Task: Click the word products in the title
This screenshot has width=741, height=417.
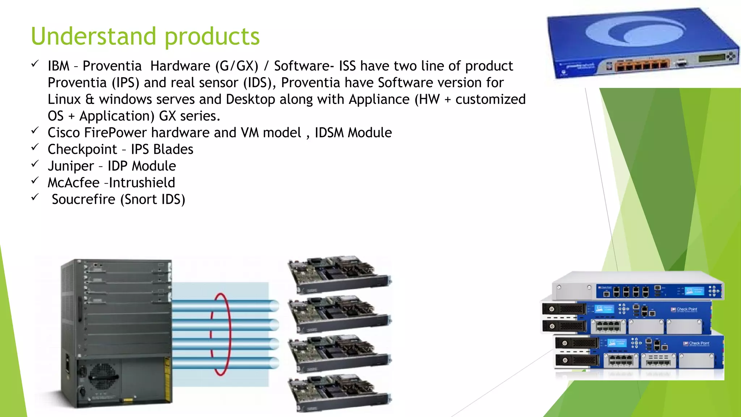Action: (x=212, y=37)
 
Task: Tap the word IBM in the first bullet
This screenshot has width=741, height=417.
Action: (x=58, y=66)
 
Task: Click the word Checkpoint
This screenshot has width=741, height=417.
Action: (x=82, y=149)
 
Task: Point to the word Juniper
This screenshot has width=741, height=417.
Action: (x=71, y=166)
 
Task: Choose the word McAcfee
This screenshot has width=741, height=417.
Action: (x=73, y=183)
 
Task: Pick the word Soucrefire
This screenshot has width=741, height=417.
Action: (x=84, y=199)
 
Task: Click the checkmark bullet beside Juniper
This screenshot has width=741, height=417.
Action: (x=35, y=164)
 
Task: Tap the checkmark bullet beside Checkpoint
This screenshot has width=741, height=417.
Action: (x=35, y=147)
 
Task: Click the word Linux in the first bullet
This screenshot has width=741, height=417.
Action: (x=64, y=99)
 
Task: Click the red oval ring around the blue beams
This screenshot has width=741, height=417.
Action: (x=220, y=334)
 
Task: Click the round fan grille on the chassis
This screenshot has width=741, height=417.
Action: (x=103, y=375)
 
